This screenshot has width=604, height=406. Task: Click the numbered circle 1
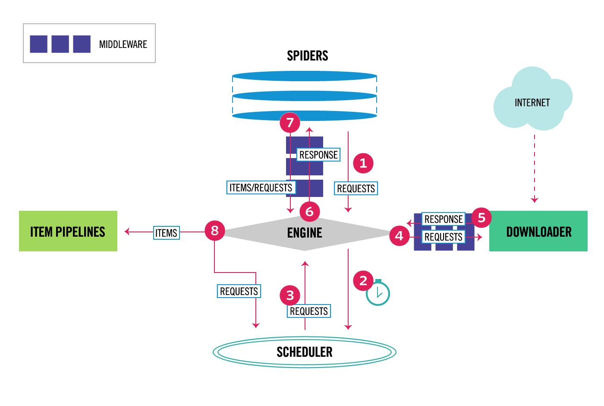[x=363, y=163]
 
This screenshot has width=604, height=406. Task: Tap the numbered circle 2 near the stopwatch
[x=363, y=281]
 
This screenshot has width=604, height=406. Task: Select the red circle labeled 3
[x=290, y=295]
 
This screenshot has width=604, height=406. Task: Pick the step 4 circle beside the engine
[x=399, y=235]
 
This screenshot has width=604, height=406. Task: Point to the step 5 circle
[x=481, y=218]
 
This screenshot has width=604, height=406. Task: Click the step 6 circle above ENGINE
[x=309, y=212]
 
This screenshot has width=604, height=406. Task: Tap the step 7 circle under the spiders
[x=290, y=123]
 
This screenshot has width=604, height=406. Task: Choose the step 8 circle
[x=214, y=231]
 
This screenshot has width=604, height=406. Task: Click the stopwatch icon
[x=378, y=293]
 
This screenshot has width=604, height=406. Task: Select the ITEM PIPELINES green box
[x=68, y=231]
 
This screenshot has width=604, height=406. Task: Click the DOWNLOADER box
[x=538, y=231]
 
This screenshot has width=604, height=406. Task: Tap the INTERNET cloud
[x=532, y=102]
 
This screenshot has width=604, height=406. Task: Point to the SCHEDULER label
[x=305, y=352]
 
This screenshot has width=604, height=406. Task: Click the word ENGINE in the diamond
[x=305, y=233]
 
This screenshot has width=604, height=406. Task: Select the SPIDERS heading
[x=308, y=56]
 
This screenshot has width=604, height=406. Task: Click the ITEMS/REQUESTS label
[x=261, y=187]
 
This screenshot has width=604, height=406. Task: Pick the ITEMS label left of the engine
[x=167, y=233]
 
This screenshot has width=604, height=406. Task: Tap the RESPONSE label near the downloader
[x=444, y=219]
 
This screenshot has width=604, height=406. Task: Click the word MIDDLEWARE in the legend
[x=123, y=44]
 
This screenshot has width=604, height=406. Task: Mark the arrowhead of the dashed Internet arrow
[x=535, y=200]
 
